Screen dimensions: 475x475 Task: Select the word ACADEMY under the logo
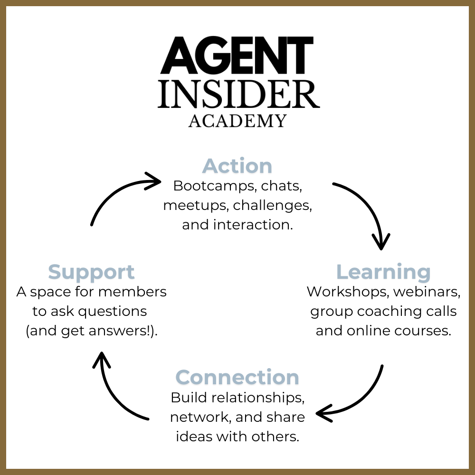(237, 121)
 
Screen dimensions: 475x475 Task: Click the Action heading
(237, 166)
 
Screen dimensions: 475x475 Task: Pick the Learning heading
(383, 272)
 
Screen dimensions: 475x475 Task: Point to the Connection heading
(237, 377)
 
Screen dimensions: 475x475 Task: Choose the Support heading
(91, 272)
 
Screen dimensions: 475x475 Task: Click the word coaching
(391, 311)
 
